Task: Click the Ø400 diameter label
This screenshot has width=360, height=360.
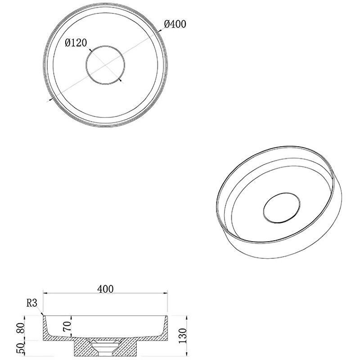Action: pos(175,24)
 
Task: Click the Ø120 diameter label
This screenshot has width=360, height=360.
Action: pos(76,43)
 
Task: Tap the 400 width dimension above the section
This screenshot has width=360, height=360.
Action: pos(105,289)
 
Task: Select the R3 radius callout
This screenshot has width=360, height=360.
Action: pos(32,303)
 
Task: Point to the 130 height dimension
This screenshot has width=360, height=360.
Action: pos(183,335)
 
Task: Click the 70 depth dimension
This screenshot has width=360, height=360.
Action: pos(67,326)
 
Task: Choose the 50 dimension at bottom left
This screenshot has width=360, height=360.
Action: pos(20,348)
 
